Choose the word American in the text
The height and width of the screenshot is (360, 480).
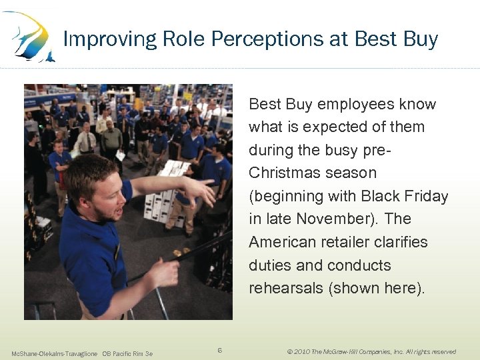point(283,242)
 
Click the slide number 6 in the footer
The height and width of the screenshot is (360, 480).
point(221,350)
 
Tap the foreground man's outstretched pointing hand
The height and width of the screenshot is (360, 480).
point(200,191)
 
